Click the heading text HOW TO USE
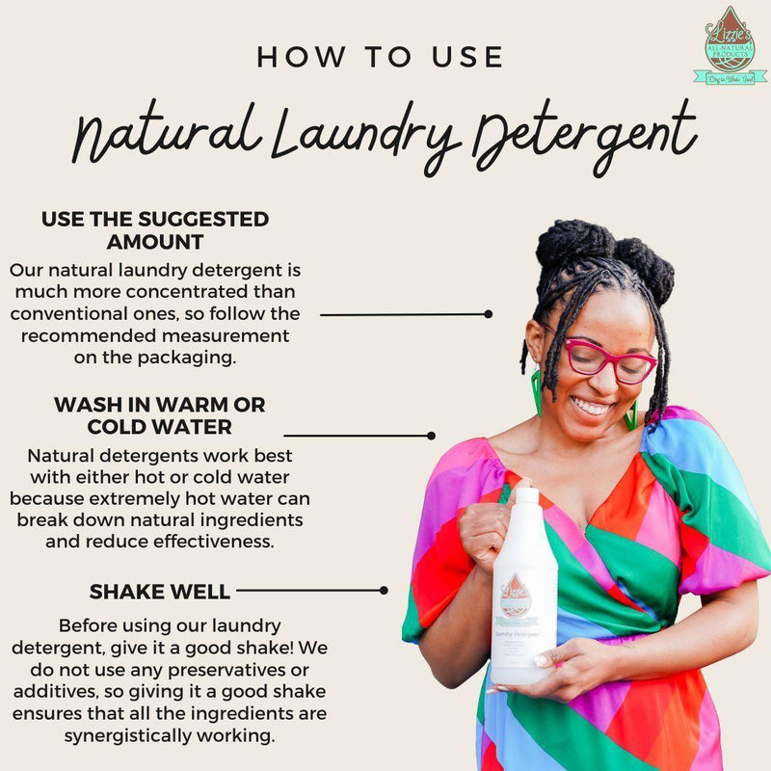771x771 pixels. (x=380, y=57)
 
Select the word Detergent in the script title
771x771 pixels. (x=584, y=136)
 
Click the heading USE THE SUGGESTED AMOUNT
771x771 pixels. (x=154, y=230)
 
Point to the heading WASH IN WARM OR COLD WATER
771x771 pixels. (x=159, y=414)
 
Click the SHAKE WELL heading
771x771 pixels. (x=159, y=591)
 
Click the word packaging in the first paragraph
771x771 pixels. (x=187, y=357)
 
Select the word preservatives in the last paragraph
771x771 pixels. (x=216, y=671)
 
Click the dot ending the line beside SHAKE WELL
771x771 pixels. (x=384, y=590)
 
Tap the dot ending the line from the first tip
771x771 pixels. (x=489, y=313)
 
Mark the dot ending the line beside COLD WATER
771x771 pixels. (x=431, y=436)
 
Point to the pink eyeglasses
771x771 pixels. (x=609, y=359)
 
